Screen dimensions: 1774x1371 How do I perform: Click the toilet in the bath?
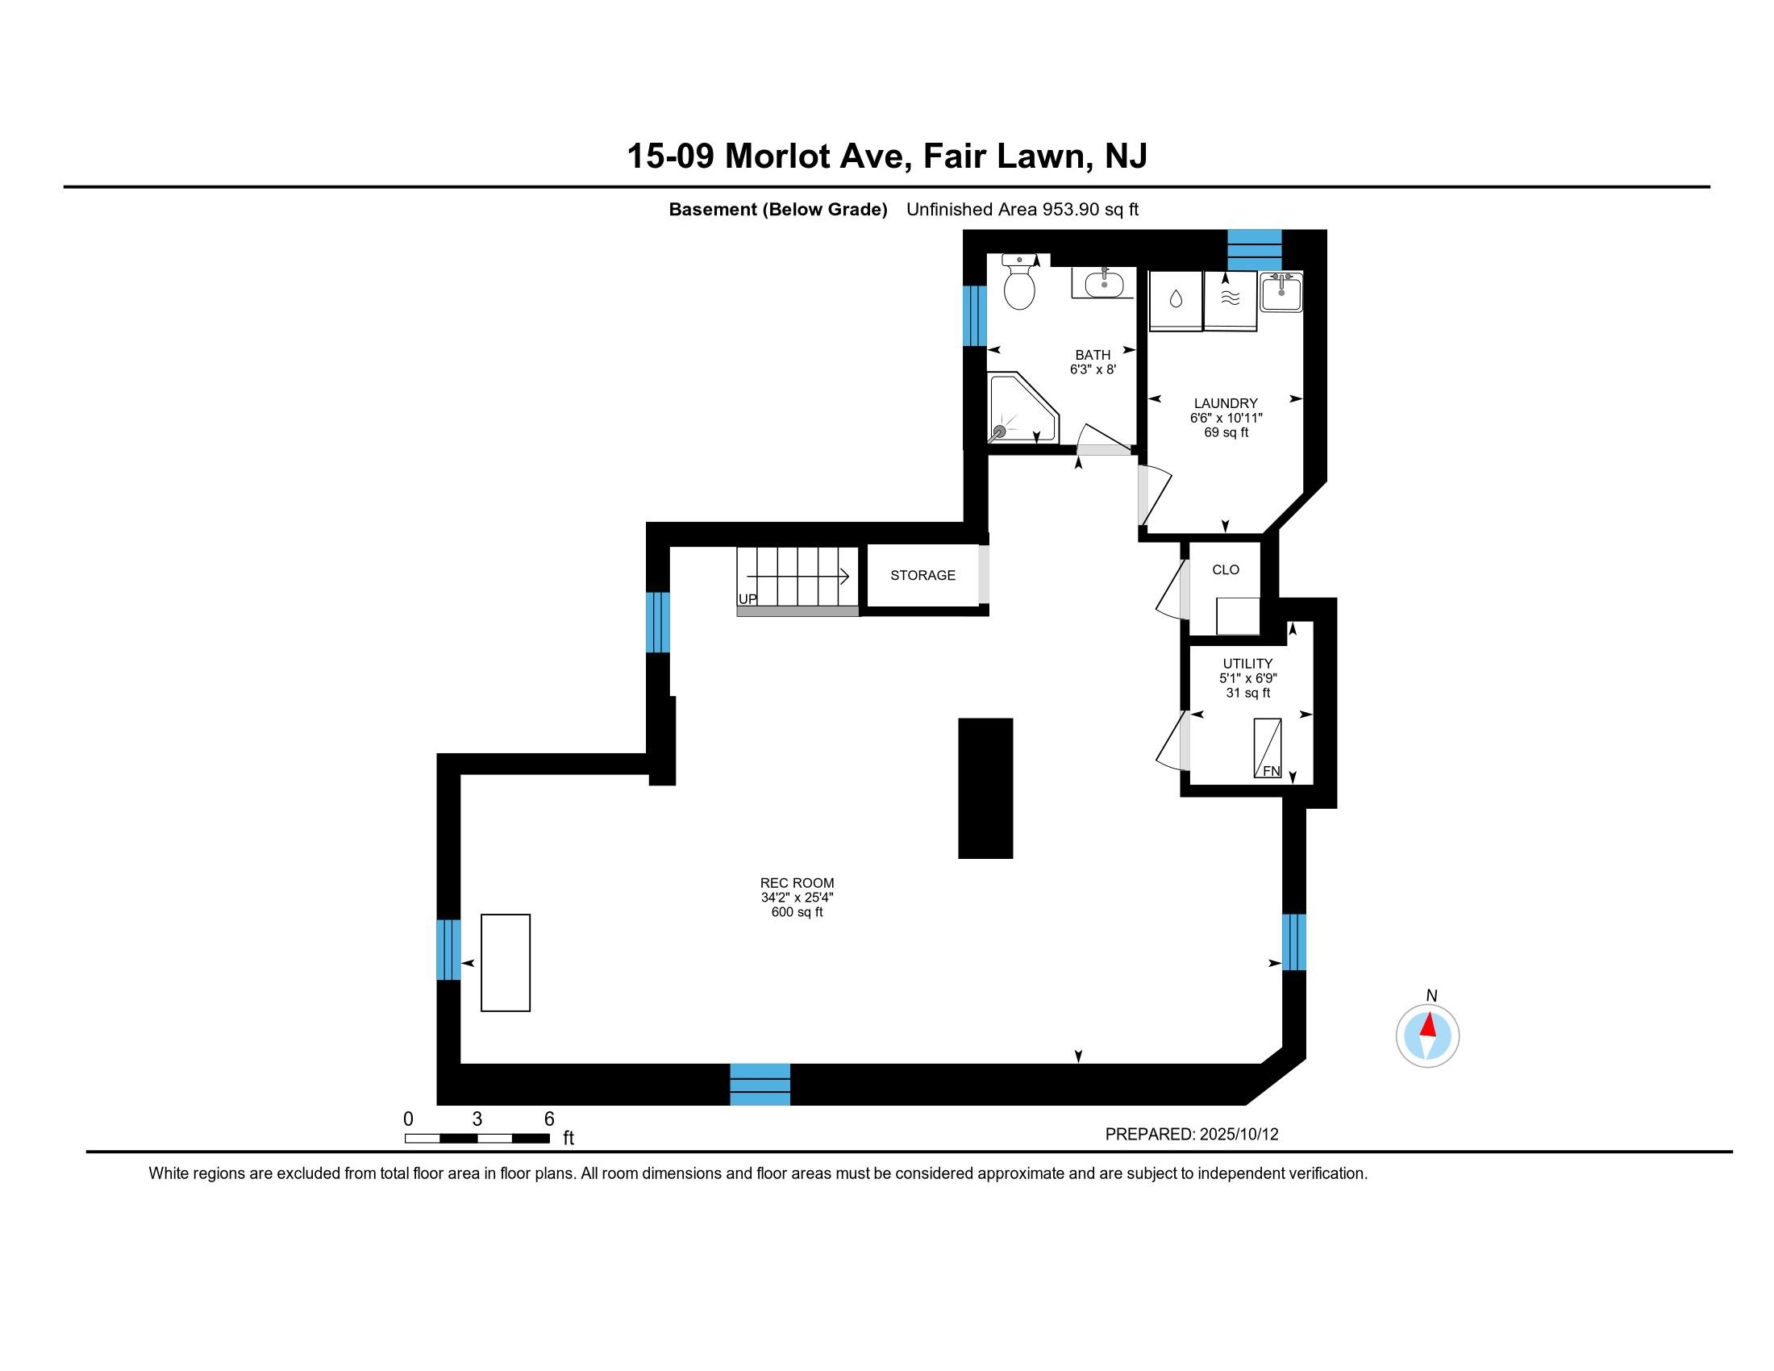click(1019, 281)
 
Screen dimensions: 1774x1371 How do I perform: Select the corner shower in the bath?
click(1022, 408)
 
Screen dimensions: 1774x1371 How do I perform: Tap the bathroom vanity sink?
click(1104, 284)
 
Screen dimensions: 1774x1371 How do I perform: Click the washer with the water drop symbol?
click(1176, 301)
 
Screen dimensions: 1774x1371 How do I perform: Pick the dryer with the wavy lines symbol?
click(1230, 301)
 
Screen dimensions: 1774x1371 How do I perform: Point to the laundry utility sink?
click(1281, 293)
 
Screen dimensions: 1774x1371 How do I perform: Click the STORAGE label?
click(922, 575)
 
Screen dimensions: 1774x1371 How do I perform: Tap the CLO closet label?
click(1226, 569)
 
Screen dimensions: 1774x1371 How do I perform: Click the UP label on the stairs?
click(747, 599)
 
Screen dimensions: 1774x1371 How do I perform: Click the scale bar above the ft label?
click(477, 1138)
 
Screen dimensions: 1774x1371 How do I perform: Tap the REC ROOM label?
click(797, 883)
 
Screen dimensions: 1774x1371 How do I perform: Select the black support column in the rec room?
click(985, 788)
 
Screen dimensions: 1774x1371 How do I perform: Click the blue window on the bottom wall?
click(760, 1084)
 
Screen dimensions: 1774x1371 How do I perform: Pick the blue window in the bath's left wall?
click(975, 315)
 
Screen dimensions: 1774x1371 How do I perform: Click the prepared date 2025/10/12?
click(1239, 1135)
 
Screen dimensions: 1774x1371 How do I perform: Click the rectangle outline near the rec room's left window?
click(506, 962)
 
